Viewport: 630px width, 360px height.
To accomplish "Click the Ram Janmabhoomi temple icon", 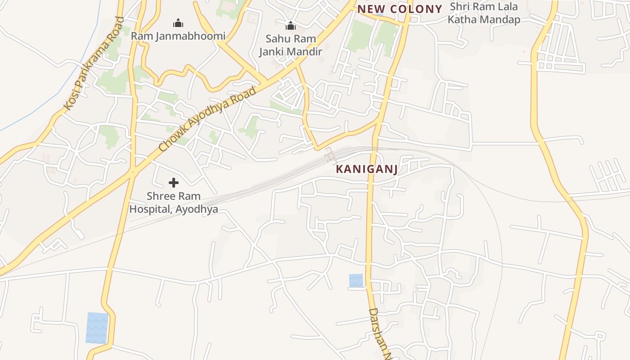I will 178,23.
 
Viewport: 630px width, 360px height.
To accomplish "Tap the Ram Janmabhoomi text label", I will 178,36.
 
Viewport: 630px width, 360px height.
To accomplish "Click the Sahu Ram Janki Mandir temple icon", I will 291,26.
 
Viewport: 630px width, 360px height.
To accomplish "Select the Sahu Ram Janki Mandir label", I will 291,45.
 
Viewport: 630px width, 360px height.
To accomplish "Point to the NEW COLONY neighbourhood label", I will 400,9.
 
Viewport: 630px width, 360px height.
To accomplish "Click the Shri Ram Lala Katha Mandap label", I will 484,13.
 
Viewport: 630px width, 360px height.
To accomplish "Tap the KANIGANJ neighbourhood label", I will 367,170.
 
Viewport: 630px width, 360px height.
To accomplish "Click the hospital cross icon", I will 174,182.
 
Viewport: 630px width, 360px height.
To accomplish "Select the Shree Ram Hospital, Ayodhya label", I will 174,202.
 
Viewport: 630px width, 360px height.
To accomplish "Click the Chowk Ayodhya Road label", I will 207,119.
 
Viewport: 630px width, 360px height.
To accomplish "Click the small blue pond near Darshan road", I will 356,280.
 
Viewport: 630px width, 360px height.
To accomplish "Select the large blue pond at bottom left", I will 97,328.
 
